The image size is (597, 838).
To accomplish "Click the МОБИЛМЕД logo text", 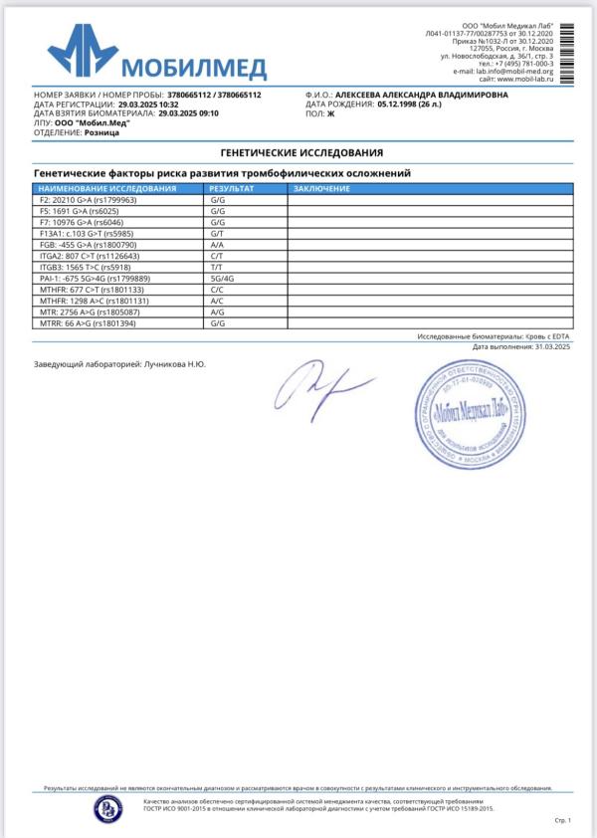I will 194,68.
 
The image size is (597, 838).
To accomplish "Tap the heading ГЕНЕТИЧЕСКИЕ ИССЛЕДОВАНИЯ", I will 301,152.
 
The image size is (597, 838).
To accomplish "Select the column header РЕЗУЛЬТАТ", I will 232,188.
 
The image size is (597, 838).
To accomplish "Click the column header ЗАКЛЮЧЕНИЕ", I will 321,188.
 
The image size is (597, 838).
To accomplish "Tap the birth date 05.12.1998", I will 404,104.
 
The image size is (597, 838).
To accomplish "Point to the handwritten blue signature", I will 323,385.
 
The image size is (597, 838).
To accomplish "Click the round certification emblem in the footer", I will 106,806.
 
